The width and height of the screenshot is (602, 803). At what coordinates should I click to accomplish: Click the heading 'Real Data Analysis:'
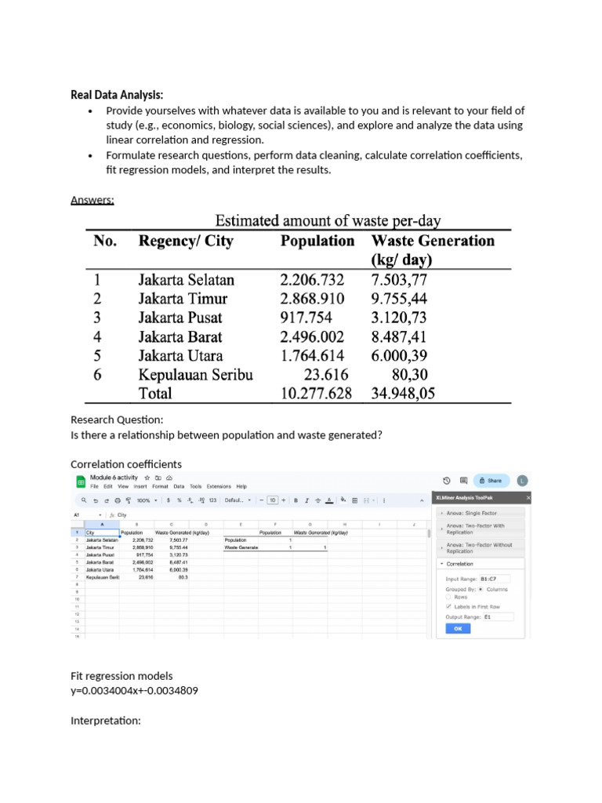pos(117,95)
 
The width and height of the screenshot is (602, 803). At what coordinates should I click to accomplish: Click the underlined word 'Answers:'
pos(92,200)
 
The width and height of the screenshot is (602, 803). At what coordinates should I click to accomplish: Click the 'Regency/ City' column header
pos(186,241)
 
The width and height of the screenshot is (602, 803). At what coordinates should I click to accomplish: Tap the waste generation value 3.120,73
pos(400,318)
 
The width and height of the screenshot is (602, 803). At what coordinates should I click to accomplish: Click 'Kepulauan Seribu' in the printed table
pos(196,374)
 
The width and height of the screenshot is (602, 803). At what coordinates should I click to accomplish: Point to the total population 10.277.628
pos(316,393)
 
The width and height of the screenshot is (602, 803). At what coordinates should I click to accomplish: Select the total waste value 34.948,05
pos(403,393)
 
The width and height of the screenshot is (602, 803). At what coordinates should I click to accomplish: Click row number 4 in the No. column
pos(98,336)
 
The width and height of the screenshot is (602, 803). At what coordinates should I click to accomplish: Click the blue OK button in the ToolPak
pos(457,629)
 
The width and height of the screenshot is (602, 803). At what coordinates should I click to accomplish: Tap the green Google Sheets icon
pos(80,481)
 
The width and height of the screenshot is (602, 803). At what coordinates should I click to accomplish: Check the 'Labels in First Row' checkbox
pos(448,606)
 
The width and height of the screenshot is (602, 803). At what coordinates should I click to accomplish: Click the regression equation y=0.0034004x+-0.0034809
pos(132,690)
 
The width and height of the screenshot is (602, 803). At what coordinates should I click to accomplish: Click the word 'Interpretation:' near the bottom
pos(106,720)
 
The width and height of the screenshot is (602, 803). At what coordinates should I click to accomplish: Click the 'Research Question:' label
pos(117,420)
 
